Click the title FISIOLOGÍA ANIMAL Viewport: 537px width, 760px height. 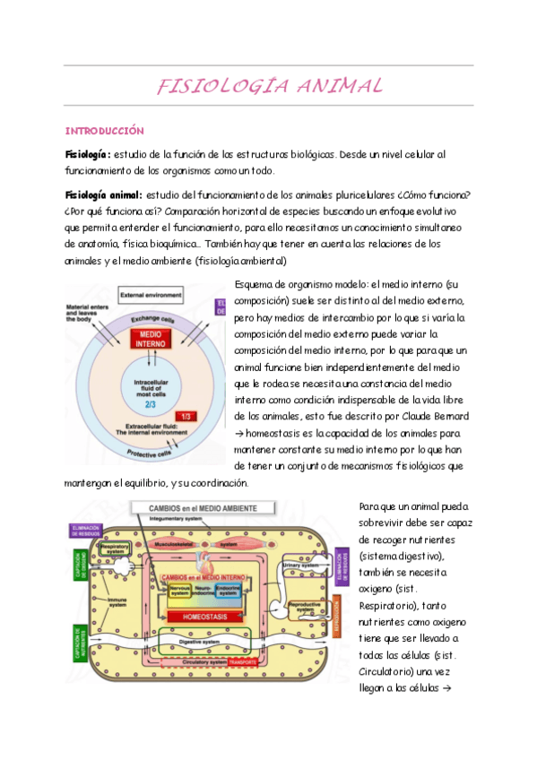[x=269, y=87]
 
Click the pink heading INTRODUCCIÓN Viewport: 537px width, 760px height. [x=105, y=130]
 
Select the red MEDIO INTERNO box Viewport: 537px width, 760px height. [x=145, y=339]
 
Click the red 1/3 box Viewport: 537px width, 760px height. [x=186, y=417]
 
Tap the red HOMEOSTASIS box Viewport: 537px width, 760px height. [x=209, y=617]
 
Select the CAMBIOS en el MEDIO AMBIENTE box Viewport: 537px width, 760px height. [x=207, y=508]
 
